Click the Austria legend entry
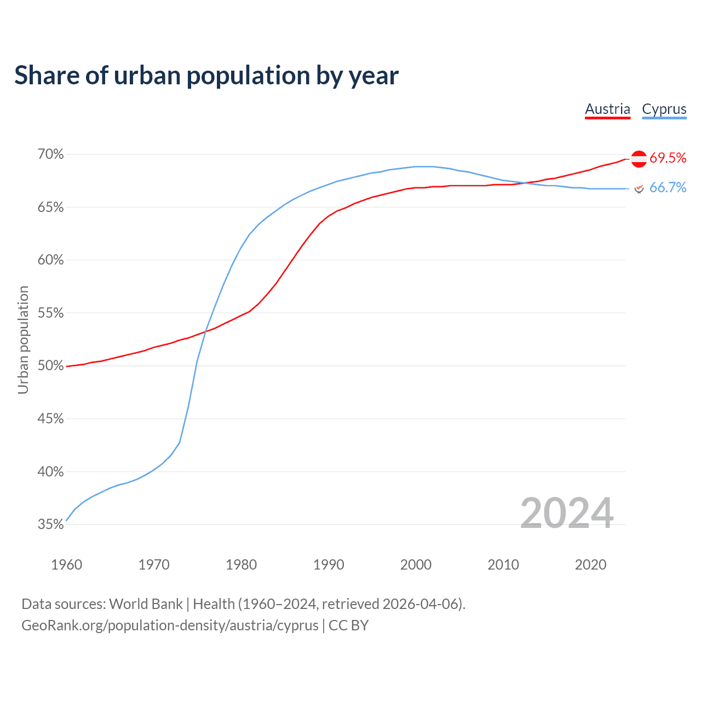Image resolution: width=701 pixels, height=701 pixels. pyautogui.click(x=607, y=109)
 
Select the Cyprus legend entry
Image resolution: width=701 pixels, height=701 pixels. pyautogui.click(x=664, y=109)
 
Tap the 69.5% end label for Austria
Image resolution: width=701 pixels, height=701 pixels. pyautogui.click(x=668, y=158)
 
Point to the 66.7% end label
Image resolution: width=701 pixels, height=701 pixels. pyautogui.click(x=668, y=188)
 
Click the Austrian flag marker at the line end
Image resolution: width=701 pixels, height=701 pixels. pyautogui.click(x=639, y=159)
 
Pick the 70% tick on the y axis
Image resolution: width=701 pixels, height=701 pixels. pyautogui.click(x=50, y=154)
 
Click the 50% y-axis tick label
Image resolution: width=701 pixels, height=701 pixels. pyautogui.click(x=50, y=366)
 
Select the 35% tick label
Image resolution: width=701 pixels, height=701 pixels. pyautogui.click(x=50, y=525)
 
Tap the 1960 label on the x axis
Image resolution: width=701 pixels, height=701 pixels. pyautogui.click(x=66, y=565)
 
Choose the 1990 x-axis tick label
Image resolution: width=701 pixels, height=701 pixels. pyautogui.click(x=329, y=565)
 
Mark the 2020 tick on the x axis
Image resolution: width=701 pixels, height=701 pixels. pyautogui.click(x=590, y=565)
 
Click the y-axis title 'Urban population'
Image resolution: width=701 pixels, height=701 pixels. pyautogui.click(x=23, y=340)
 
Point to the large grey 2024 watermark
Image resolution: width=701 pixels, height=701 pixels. pyautogui.click(x=567, y=513)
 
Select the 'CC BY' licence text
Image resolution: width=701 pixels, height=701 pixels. pyautogui.click(x=348, y=625)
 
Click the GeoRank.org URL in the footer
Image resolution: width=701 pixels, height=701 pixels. pyautogui.click(x=170, y=625)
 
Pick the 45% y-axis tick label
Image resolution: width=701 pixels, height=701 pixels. pyautogui.click(x=50, y=419)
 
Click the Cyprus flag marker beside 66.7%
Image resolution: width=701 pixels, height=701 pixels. pyautogui.click(x=639, y=188)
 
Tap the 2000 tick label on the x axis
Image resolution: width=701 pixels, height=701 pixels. pyautogui.click(x=416, y=565)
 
